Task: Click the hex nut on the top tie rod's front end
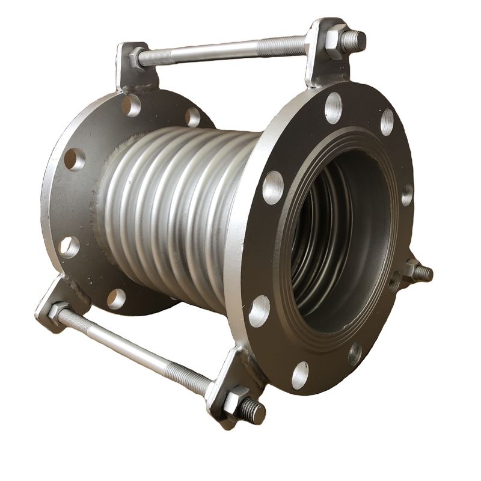click(x=334, y=41)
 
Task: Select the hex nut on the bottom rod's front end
click(x=235, y=402)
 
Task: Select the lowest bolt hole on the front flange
click(x=299, y=375)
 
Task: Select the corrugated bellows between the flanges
click(x=174, y=210)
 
